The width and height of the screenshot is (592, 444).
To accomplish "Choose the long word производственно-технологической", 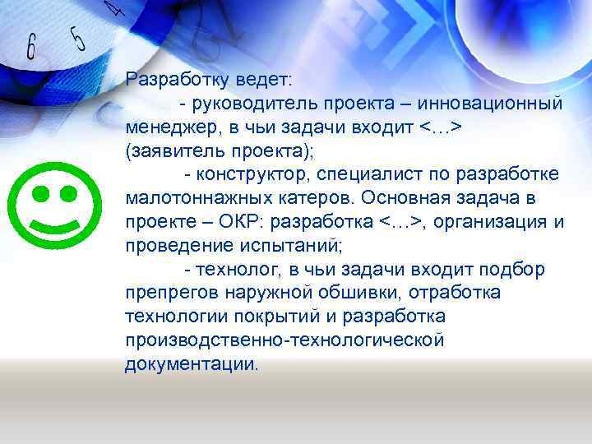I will click(284, 340).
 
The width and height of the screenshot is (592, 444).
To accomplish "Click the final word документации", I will click(190, 364).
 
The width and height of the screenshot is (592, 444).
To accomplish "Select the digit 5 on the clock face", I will click(78, 39).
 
